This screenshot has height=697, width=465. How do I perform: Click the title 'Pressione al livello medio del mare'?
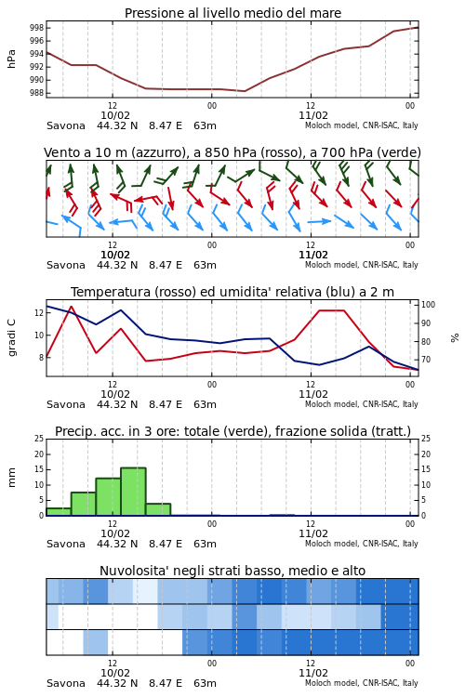tap(232, 13)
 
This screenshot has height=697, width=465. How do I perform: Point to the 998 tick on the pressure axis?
tap(37, 28)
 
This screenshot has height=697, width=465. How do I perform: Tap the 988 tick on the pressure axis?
tap(37, 93)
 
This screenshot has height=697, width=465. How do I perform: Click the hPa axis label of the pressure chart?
tap(11, 59)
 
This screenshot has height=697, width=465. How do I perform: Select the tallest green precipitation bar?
tap(133, 492)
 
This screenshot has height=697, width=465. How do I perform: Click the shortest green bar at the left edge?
tap(59, 512)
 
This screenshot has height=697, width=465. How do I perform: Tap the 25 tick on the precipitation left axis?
tap(39, 439)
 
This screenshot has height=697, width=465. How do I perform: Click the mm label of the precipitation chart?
tap(11, 478)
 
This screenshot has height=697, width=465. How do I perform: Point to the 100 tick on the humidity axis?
tap(428, 305)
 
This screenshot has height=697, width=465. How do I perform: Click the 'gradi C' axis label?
tap(11, 338)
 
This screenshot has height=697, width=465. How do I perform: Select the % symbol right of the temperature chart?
tap(455, 338)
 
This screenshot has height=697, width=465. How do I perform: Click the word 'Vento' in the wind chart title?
tap(58, 153)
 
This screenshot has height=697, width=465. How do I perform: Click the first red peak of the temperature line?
tap(72, 307)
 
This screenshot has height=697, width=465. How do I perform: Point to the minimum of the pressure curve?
tap(245, 91)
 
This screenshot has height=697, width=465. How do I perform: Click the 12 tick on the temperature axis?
tap(39, 313)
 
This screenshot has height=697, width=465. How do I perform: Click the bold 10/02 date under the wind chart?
tap(115, 255)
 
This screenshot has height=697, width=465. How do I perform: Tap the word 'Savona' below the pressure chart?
tap(66, 125)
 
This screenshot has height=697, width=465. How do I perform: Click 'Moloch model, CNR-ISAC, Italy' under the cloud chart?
tap(362, 683)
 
